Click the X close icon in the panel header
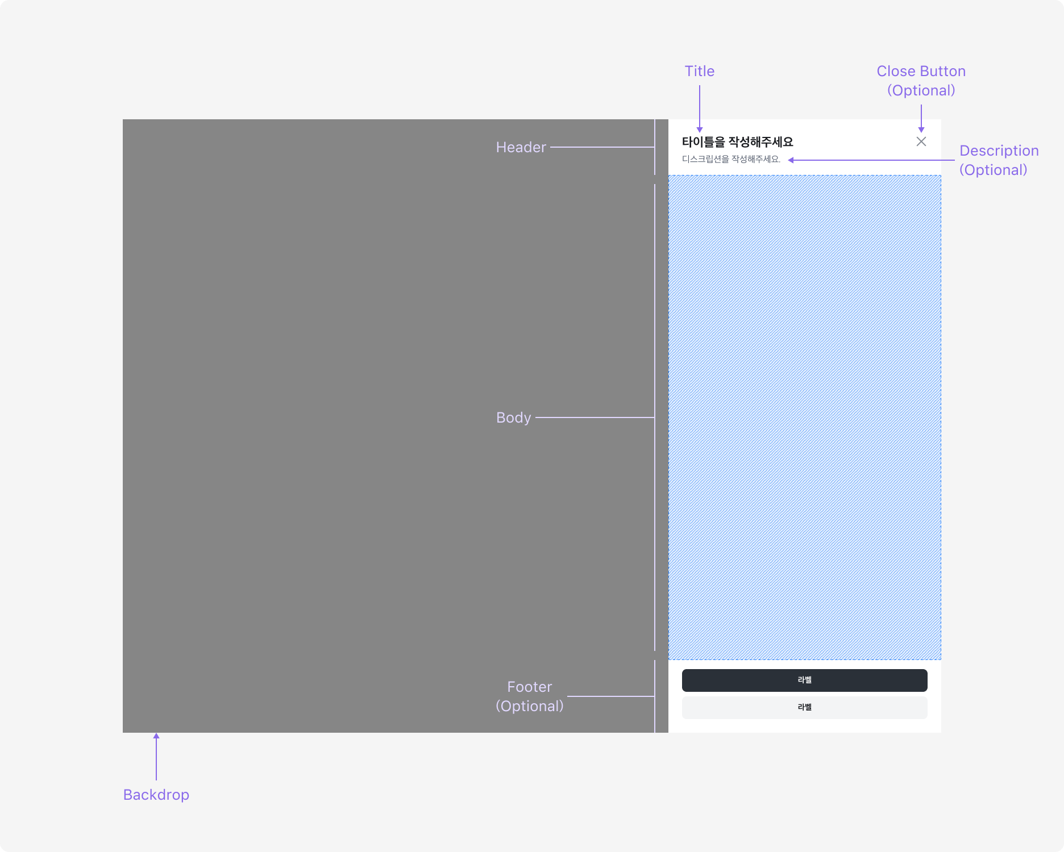click(x=921, y=141)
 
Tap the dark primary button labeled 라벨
click(x=805, y=680)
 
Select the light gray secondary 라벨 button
click(x=805, y=707)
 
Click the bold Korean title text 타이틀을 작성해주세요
click(x=738, y=142)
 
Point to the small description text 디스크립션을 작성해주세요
click(x=731, y=159)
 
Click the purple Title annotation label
click(x=700, y=71)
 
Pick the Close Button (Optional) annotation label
click(x=921, y=81)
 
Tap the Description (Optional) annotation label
click(x=999, y=160)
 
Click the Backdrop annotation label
click(x=156, y=795)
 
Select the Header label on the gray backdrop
click(x=521, y=147)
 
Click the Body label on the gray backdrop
click(x=514, y=417)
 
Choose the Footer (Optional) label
click(x=530, y=696)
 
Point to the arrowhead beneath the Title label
click(x=700, y=130)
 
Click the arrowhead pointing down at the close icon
click(x=921, y=130)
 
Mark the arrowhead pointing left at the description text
click(x=791, y=160)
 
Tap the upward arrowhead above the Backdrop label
click(x=156, y=736)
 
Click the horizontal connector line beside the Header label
click(x=602, y=147)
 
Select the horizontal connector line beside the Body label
click(x=595, y=417)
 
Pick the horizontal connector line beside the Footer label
click(x=611, y=696)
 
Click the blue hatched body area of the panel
click(x=805, y=417)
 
